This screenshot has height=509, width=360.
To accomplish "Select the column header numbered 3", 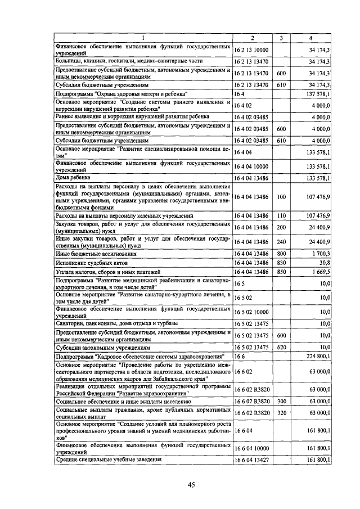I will (281, 38).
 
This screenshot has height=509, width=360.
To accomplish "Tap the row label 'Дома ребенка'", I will (70, 178).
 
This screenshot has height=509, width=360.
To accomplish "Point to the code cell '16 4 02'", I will (244, 105).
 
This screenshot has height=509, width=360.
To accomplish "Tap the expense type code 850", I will (281, 272).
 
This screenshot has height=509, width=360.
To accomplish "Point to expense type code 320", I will (281, 413).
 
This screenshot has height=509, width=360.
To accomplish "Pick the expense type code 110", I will (281, 215).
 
